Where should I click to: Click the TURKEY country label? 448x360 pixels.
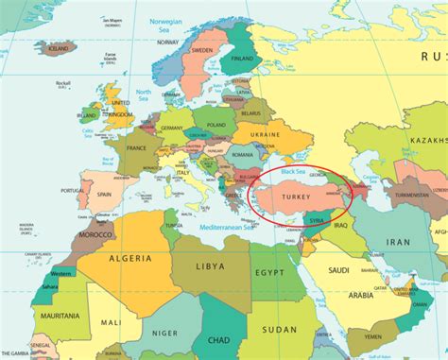289,196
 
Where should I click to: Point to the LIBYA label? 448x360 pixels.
211,267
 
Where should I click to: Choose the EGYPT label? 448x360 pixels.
269,273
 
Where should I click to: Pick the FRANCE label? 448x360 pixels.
139,148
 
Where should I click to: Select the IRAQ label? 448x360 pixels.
341,227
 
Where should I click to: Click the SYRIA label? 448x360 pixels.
316,221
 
